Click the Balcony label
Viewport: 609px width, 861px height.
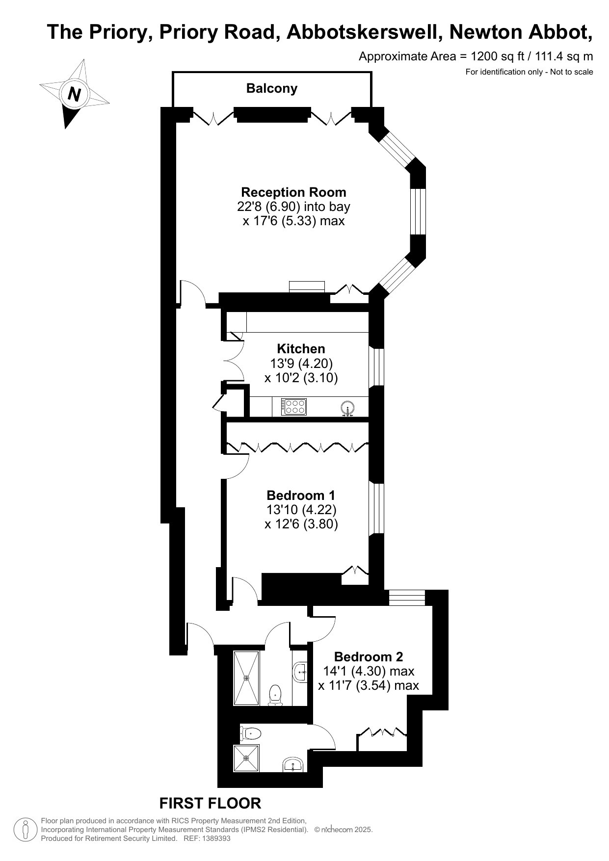pyautogui.click(x=271, y=88)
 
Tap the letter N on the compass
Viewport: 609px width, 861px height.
pyautogui.click(x=75, y=93)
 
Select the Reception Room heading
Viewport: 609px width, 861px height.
pyautogui.click(x=293, y=192)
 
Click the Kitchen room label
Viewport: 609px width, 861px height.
pyautogui.click(x=301, y=349)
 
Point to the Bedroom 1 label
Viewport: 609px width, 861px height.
pyautogui.click(x=301, y=495)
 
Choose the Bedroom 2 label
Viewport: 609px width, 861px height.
pyautogui.click(x=369, y=656)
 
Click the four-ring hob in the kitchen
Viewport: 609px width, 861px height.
pyautogui.click(x=294, y=407)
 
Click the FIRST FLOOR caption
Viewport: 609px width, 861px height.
pyautogui.click(x=210, y=803)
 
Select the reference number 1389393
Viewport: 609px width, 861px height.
pyautogui.click(x=214, y=838)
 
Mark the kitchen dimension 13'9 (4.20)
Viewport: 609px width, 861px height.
pyautogui.click(x=301, y=364)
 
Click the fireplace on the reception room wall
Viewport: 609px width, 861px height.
pyautogui.click(x=307, y=287)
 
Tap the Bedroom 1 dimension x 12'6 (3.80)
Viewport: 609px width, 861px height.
pyautogui.click(x=301, y=524)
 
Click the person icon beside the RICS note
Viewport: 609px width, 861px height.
pyautogui.click(x=26, y=830)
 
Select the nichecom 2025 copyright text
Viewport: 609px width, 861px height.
pyautogui.click(x=344, y=830)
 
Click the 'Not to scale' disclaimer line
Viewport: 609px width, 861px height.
pyautogui.click(x=529, y=72)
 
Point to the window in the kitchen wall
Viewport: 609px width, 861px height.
pyautogui.click(x=376, y=367)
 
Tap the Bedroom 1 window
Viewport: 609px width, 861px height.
pyautogui.click(x=376, y=508)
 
